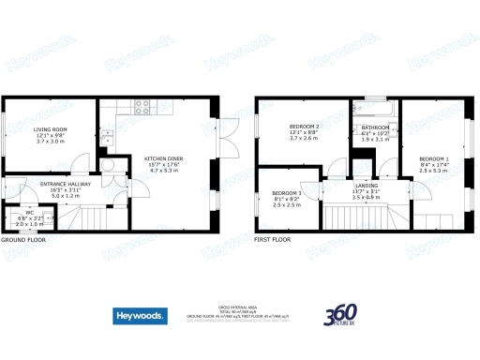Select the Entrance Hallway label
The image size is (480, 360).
57,187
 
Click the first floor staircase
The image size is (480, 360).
352,219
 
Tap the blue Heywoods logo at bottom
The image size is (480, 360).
141,316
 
